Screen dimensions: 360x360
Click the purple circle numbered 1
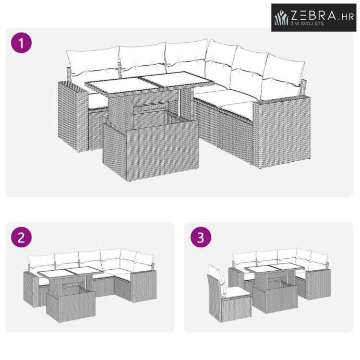21,43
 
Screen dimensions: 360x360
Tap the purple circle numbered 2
21,237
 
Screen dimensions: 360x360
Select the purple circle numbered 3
201,237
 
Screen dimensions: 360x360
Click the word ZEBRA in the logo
314,16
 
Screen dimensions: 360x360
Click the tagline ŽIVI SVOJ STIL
308,23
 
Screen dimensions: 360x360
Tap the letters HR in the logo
347,17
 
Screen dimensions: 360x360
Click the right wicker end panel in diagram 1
282,131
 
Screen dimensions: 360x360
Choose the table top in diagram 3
273,268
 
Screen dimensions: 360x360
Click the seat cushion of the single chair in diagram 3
237,293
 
